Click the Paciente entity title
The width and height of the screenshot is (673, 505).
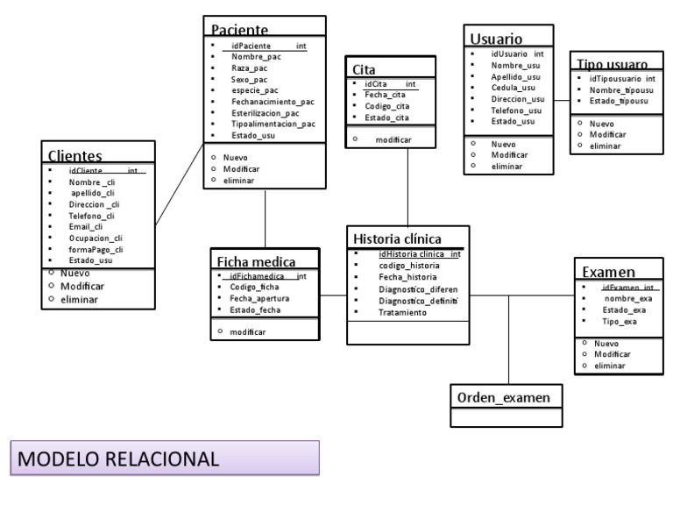coord(244,30)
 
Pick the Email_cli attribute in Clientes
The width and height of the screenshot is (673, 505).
coord(89,225)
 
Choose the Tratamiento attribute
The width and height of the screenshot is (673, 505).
coord(402,312)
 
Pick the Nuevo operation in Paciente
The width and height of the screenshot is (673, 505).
coord(236,157)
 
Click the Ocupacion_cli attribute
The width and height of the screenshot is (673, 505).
coord(96,238)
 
